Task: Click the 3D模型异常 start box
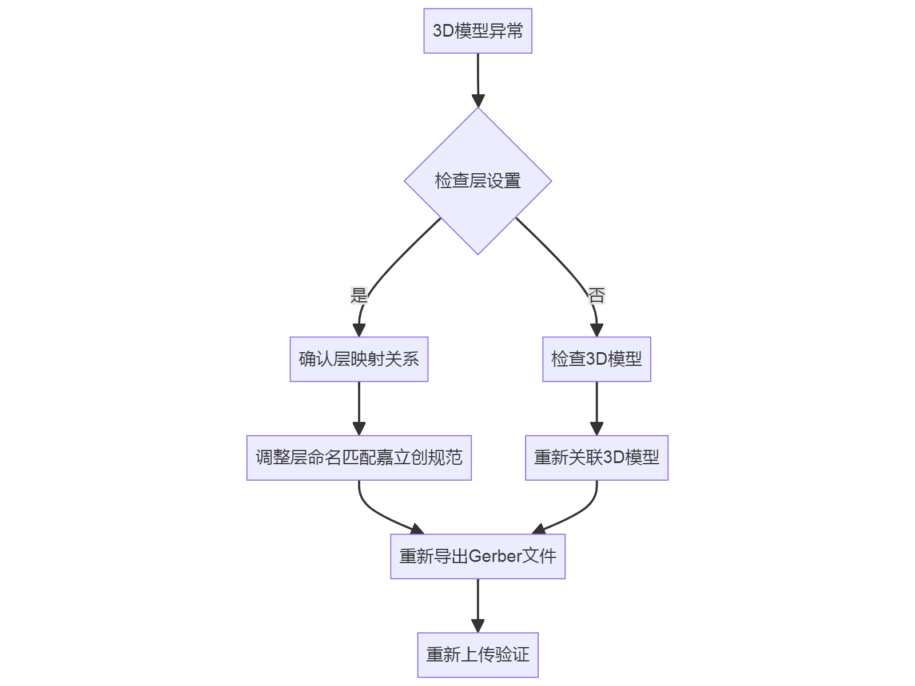[x=478, y=31]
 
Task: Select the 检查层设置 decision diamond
[x=478, y=181]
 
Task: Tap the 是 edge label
[x=359, y=296]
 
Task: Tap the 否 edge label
[x=596, y=296]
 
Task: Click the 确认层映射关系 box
[x=359, y=359]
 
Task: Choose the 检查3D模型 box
[x=596, y=359]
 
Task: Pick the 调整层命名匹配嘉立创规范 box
[x=359, y=457]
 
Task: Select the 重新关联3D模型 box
[x=596, y=457]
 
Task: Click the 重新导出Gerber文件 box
[x=478, y=556]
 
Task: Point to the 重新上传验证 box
[x=478, y=655]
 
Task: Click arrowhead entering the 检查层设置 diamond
[x=478, y=101]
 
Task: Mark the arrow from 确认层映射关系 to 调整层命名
[x=359, y=406]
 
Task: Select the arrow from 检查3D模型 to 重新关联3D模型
[x=596, y=406]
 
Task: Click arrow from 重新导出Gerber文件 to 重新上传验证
[x=478, y=603]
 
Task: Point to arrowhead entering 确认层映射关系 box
[x=359, y=330]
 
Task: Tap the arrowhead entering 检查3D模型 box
[x=596, y=330]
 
